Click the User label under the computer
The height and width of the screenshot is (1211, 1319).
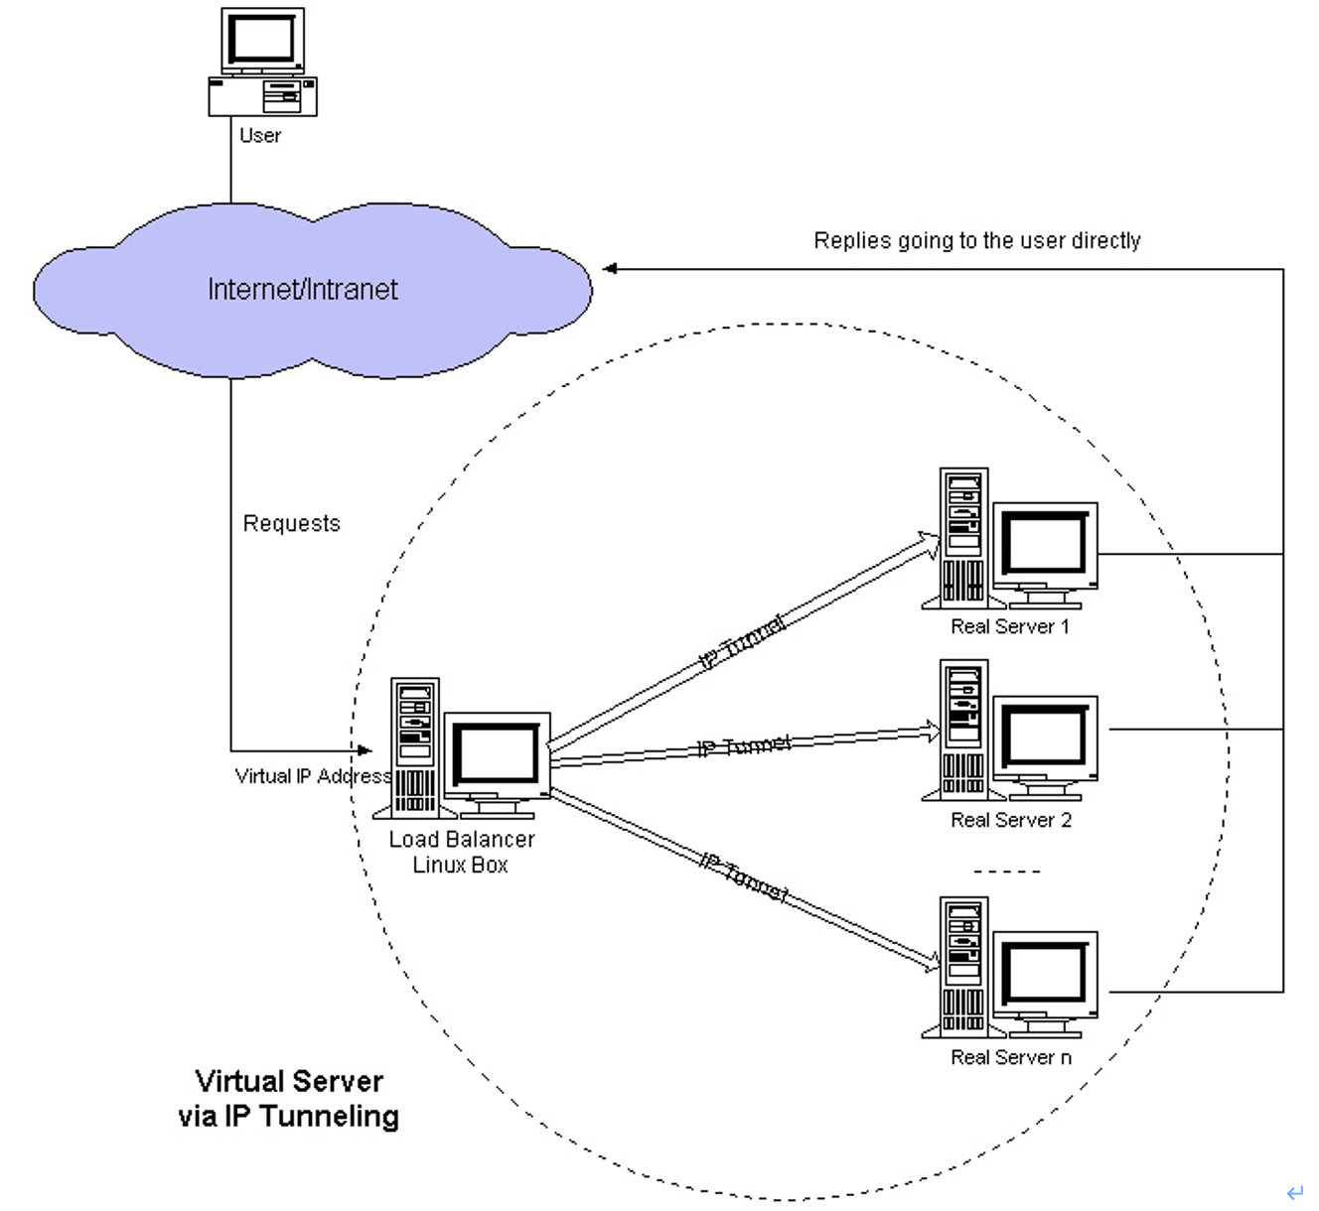coord(260,135)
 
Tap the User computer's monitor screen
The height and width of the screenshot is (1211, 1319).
coord(263,38)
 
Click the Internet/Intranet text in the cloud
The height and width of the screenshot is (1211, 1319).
coord(303,289)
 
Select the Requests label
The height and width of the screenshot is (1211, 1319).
coord(291,523)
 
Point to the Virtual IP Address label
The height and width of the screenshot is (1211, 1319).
coord(313,776)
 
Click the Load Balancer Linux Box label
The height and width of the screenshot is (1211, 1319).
coord(462,852)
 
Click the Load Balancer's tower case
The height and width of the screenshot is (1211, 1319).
coord(415,748)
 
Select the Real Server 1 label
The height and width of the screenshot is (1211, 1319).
coord(1010,626)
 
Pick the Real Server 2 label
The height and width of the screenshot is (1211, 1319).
coord(1011,820)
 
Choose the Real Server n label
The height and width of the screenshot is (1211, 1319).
coord(1011,1057)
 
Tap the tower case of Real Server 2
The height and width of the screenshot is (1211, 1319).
coord(964,731)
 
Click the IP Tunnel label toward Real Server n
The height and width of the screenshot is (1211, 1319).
coord(744,877)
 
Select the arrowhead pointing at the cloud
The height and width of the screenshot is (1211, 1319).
coord(610,268)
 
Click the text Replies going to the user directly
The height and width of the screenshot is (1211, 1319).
coord(977,240)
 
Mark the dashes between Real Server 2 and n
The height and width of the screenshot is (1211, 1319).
coord(1007,872)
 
